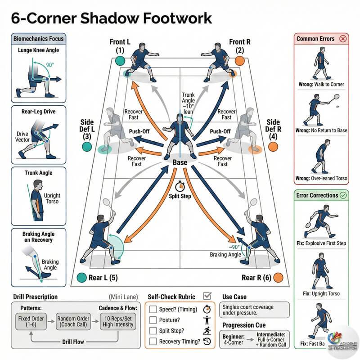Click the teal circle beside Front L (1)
119,61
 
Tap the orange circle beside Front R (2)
240,61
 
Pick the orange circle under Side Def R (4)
273,147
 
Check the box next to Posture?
153,320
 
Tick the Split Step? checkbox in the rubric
153,331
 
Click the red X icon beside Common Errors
343,39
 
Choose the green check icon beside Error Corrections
343,196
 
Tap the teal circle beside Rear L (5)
81,277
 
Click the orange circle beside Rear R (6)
278,277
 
